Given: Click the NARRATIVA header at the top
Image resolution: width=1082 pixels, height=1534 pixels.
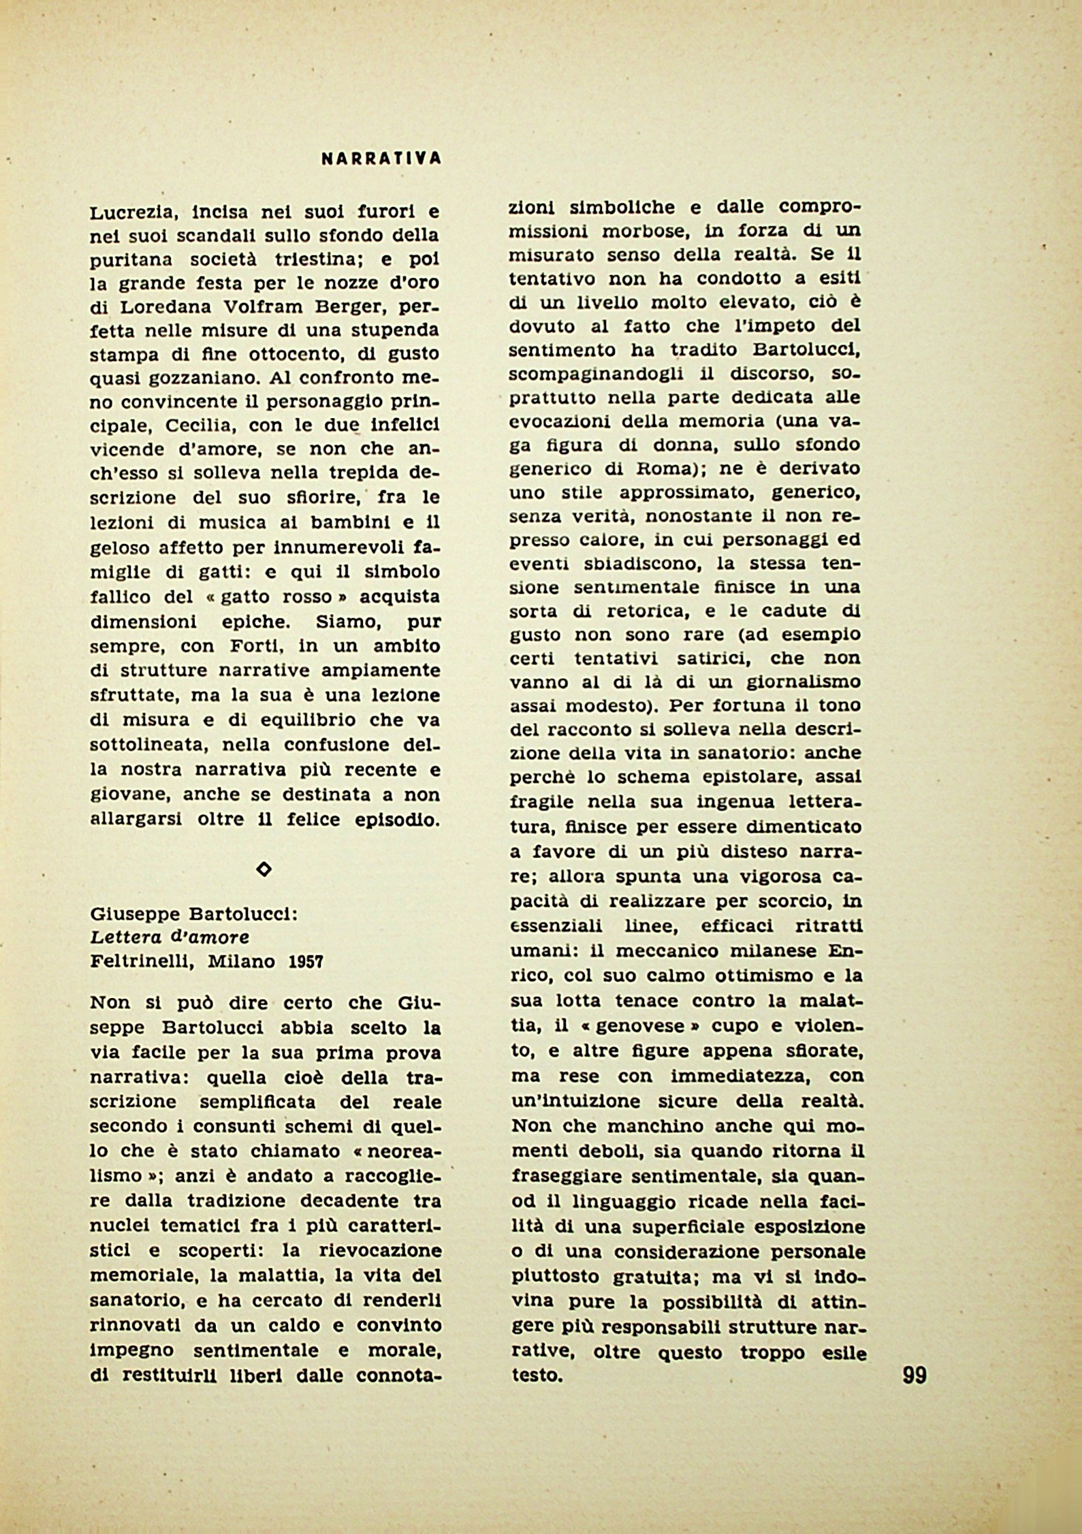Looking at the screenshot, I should [381, 159].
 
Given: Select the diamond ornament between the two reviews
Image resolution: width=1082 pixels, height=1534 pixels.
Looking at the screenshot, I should [264, 869].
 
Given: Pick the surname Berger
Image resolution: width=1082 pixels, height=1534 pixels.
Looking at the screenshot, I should [351, 307].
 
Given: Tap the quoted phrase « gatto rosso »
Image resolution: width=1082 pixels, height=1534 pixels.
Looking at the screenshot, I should [278, 597].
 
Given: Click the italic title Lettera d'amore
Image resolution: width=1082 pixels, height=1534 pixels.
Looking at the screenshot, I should [170, 938].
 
